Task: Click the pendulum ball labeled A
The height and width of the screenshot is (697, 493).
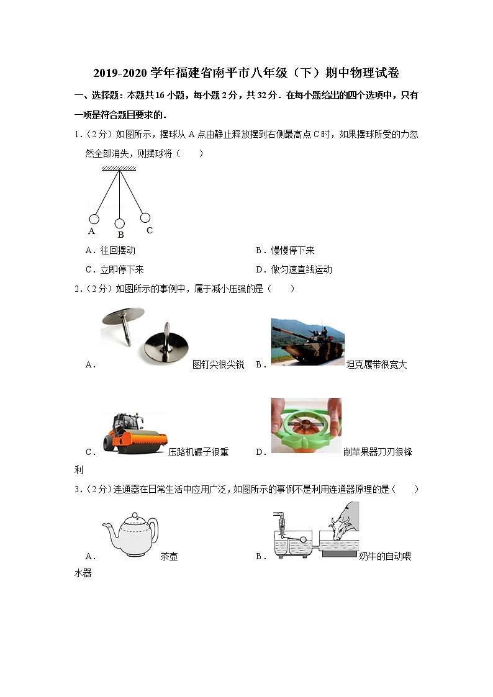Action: click(x=94, y=219)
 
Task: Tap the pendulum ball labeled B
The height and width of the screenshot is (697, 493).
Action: click(x=119, y=223)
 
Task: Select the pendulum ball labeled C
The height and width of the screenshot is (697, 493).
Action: click(x=145, y=218)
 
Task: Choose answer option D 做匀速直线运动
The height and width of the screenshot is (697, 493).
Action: click(x=294, y=269)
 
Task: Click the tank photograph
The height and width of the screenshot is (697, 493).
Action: click(x=307, y=341)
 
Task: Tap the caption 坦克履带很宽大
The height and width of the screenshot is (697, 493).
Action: click(x=376, y=365)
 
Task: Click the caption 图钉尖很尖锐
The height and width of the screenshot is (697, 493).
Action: click(x=219, y=365)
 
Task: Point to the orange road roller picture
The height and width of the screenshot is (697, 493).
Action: click(x=134, y=433)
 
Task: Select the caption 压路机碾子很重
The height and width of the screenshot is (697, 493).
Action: click(x=199, y=452)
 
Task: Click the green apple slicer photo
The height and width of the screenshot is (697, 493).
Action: click(x=306, y=426)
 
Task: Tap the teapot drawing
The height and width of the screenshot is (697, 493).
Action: click(x=130, y=536)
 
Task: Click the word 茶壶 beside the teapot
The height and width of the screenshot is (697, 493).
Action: click(x=169, y=557)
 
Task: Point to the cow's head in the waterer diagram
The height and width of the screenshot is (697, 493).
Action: click(x=341, y=526)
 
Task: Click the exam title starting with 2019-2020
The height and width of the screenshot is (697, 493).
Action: click(x=246, y=73)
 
